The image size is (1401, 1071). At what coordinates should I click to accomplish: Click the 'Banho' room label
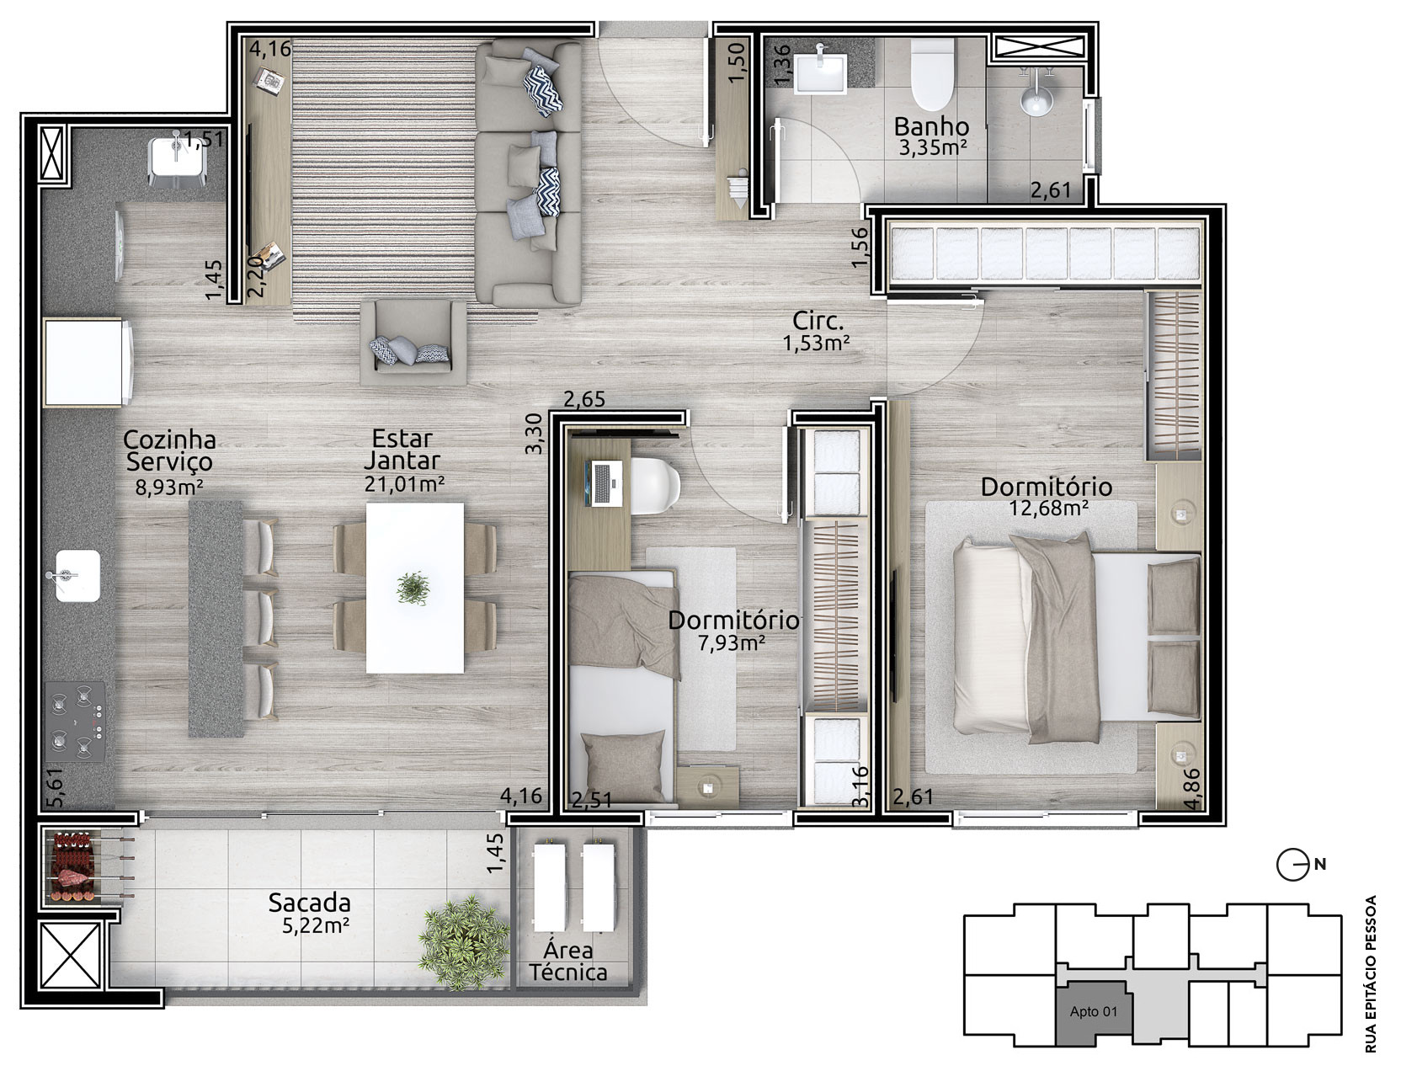click(x=931, y=126)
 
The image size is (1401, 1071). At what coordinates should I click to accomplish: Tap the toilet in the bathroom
click(x=931, y=74)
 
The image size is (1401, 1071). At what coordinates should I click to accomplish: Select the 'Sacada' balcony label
click(x=310, y=903)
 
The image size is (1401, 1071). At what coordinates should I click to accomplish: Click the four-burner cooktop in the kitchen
click(x=75, y=722)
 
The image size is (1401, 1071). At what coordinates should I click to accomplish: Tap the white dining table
click(x=415, y=588)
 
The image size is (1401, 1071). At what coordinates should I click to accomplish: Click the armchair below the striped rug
click(x=413, y=342)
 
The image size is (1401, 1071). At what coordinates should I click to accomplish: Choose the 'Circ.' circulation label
click(x=818, y=321)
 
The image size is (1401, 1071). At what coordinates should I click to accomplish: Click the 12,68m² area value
click(x=1049, y=508)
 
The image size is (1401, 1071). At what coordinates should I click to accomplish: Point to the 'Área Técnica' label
click(x=568, y=962)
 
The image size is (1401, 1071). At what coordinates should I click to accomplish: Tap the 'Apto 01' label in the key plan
click(x=1094, y=1012)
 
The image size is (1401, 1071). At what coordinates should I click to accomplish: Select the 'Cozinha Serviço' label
click(x=169, y=450)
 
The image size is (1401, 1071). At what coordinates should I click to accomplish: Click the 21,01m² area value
click(x=405, y=484)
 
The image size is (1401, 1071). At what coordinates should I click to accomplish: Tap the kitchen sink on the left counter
click(x=77, y=575)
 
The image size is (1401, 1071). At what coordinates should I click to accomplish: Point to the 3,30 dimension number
click(x=534, y=434)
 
